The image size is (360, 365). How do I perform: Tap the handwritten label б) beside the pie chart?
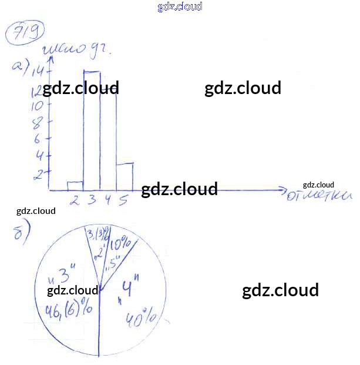pyautogui.click(x=21, y=234)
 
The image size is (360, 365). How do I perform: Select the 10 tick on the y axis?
pyautogui.click(x=38, y=106)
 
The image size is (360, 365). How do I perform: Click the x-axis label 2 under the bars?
pyautogui.click(x=75, y=200)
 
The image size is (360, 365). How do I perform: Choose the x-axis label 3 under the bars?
pyautogui.click(x=92, y=200)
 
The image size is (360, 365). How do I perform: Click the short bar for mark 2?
pyautogui.click(x=75, y=186)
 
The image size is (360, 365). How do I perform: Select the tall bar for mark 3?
pyautogui.click(x=91, y=129)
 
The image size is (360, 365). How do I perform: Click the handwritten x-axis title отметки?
pyautogui.click(x=318, y=196)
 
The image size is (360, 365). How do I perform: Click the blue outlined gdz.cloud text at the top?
pyautogui.click(x=180, y=6)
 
